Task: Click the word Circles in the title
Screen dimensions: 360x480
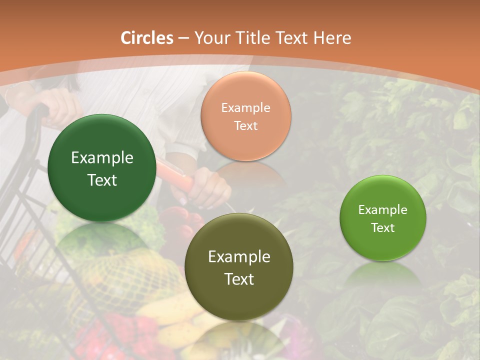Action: (x=147, y=38)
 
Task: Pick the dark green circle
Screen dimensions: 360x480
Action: (x=102, y=168)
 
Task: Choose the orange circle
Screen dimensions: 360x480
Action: (x=245, y=116)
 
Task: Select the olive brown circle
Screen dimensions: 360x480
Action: (x=239, y=267)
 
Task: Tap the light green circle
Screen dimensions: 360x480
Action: (x=383, y=218)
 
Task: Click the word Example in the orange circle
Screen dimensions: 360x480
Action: (x=245, y=107)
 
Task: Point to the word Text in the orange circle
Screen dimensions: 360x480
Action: (x=245, y=125)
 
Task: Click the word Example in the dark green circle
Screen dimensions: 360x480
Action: (x=102, y=158)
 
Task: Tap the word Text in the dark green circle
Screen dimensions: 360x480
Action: (x=102, y=180)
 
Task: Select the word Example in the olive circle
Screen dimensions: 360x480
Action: (x=239, y=257)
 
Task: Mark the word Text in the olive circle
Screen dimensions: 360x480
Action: (x=239, y=279)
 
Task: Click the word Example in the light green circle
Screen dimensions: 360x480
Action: (x=383, y=209)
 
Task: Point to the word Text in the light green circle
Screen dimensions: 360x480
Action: (x=383, y=227)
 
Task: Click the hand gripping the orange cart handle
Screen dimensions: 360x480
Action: (x=210, y=187)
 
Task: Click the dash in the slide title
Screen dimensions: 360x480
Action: (x=183, y=38)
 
